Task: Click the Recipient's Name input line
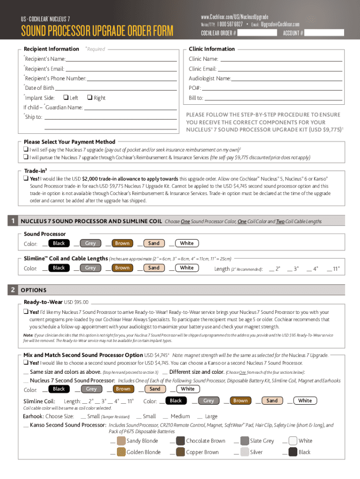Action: point(121,59)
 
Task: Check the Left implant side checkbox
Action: point(65,98)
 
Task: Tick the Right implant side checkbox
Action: point(89,98)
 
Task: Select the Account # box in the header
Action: point(324,33)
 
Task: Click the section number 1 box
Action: point(15,221)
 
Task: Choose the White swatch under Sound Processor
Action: point(187,243)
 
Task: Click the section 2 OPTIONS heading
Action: point(33,290)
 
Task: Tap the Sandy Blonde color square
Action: point(121,441)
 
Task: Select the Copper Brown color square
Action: point(180,452)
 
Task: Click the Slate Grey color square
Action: point(244,441)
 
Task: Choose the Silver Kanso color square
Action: point(244,452)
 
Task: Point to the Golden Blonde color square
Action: point(121,452)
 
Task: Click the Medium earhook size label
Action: point(180,416)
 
